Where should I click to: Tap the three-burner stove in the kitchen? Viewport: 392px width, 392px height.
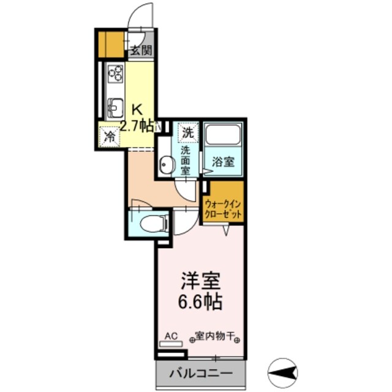pos(115,75)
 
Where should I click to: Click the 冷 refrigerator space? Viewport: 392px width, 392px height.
pos(110,136)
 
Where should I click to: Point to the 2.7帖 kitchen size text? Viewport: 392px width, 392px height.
pos(136,127)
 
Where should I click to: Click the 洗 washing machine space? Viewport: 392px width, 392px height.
pos(188,131)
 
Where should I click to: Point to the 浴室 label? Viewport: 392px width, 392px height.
pos(222,163)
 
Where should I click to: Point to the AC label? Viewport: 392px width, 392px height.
pos(171,336)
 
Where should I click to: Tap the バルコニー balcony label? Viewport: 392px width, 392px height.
pos(201,373)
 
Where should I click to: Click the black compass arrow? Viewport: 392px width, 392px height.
pos(283,371)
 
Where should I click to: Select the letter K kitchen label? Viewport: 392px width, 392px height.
pos(138,110)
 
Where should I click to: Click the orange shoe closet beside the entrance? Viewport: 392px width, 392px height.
pos(110,43)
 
